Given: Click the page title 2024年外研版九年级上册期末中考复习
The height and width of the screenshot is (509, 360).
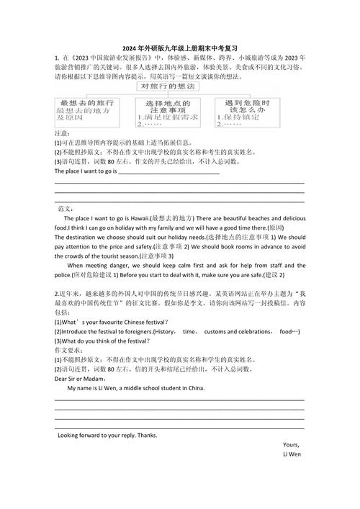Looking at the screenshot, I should coord(179,47).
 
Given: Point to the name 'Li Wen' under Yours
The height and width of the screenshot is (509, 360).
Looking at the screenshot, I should coord(292,455).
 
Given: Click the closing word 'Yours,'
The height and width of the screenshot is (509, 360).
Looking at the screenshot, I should coord(292,445).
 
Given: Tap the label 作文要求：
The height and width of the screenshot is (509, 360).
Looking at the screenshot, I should coord(70,349).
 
